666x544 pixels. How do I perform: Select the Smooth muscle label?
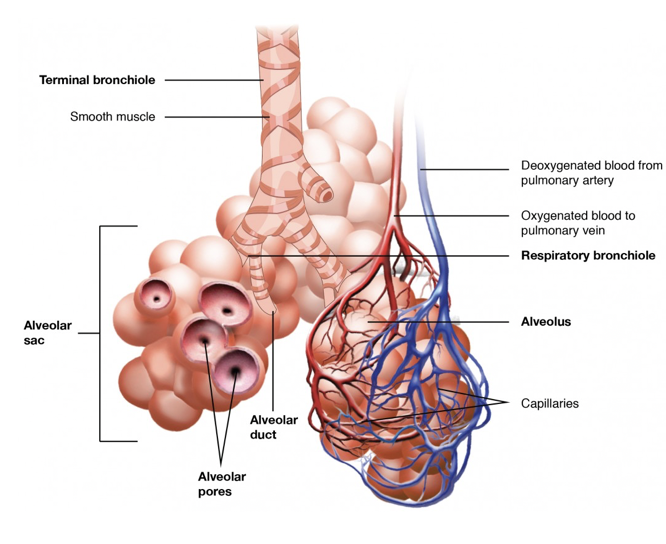[112, 117]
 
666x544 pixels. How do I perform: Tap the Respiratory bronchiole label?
[587, 255]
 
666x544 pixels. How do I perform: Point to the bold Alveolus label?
[545, 322]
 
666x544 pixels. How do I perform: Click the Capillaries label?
[550, 404]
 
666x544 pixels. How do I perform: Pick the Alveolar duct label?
[270, 427]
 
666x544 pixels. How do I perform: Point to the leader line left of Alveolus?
[480, 322]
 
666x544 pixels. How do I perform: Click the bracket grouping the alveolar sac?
[101, 333]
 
